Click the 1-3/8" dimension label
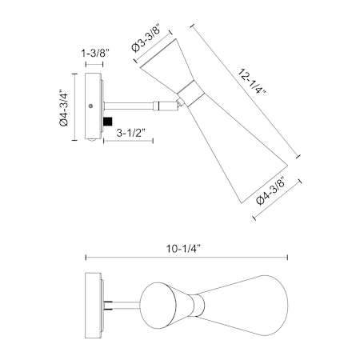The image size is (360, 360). pos(95,54)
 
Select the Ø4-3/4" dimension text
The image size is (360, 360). pos(64,107)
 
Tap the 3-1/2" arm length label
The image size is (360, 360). pos(130,133)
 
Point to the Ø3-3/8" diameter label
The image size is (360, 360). pos(146,39)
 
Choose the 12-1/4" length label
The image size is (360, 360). pos(251,82)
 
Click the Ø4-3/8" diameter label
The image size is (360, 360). pos(270,192)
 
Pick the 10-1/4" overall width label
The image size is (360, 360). pos(183,249)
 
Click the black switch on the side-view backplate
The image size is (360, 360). pos(107,122)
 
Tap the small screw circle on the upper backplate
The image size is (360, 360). pos(90,106)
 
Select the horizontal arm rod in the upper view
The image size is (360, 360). pos(129,106)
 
